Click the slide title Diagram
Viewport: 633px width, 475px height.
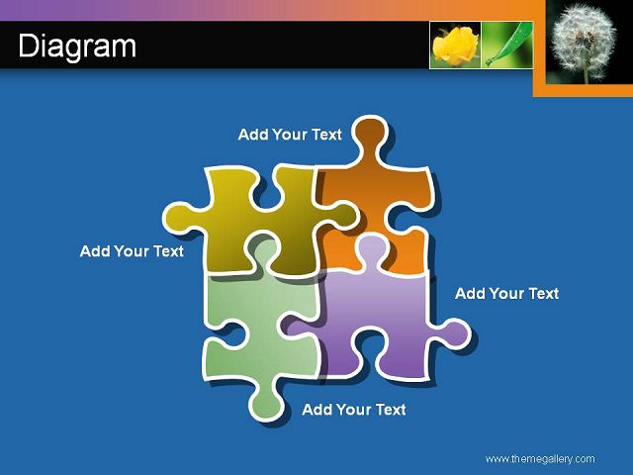[x=77, y=47]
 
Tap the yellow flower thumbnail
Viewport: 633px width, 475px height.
[x=455, y=45]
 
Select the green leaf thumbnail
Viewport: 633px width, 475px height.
[x=507, y=45]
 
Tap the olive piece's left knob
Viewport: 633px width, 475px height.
[x=179, y=218]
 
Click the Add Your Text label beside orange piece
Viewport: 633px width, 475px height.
[x=290, y=135]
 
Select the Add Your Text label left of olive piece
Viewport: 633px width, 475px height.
[x=132, y=251]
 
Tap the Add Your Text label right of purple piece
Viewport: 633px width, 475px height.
[x=506, y=294]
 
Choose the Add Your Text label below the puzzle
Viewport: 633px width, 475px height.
[x=354, y=410]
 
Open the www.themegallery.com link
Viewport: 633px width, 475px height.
[x=540, y=459]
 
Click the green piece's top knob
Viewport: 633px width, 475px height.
[x=262, y=250]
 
